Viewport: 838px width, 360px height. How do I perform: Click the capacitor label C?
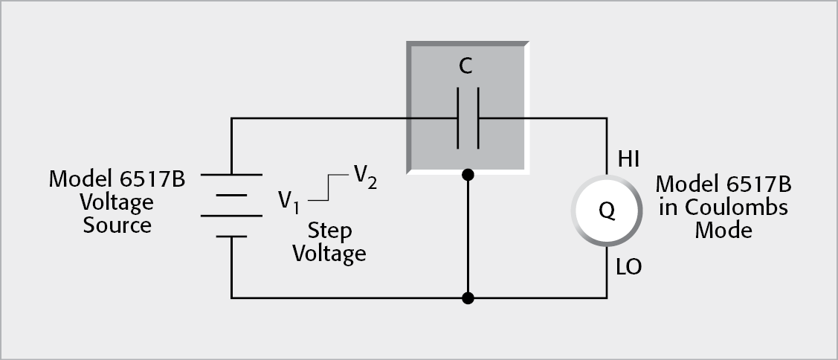(465, 68)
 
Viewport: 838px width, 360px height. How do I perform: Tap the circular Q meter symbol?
(607, 210)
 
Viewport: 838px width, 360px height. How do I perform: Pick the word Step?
(329, 231)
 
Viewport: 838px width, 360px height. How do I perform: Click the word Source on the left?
(117, 224)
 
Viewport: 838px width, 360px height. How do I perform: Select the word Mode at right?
(723, 230)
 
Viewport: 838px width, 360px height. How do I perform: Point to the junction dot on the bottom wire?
(468, 298)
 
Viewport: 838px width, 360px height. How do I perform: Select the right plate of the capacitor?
(477, 118)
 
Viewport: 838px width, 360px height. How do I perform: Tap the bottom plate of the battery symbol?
(231, 237)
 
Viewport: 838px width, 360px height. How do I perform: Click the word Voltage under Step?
(329, 254)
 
